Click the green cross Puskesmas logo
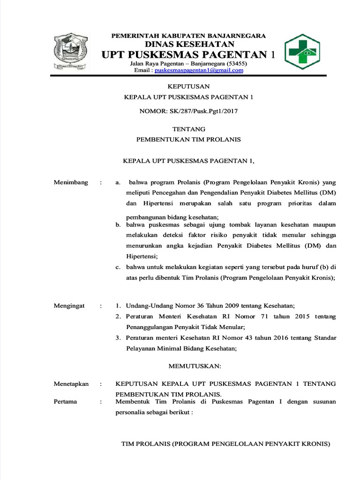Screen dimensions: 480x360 tap(301, 52)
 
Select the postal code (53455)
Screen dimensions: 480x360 tap(237, 63)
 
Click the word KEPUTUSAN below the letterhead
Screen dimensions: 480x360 tap(188, 86)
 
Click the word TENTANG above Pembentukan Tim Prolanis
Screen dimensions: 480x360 tap(188, 129)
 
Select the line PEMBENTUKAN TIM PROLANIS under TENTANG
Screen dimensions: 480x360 tap(188, 140)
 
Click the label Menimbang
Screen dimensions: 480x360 tap(71, 182)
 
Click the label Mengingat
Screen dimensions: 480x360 tap(69, 306)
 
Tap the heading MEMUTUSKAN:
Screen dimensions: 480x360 tap(191, 366)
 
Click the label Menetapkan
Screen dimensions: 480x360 tap(71, 383)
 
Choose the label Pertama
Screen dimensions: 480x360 tap(66, 402)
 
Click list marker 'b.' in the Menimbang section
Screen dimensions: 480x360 tap(119, 225)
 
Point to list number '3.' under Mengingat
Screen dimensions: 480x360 tap(118, 338)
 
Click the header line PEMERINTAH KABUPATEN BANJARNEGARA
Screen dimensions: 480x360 tap(188, 36)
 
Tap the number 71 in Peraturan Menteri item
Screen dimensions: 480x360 tap(265, 317)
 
